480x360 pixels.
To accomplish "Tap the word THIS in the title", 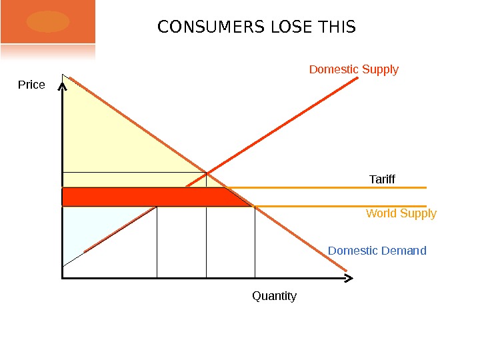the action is click(x=337, y=28).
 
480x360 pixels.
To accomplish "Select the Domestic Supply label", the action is click(x=354, y=69).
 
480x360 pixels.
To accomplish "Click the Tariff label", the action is click(x=382, y=180).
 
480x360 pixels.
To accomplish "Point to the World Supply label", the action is click(x=401, y=213).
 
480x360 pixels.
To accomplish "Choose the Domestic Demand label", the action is click(x=377, y=251).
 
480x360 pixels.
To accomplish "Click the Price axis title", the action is click(x=31, y=85).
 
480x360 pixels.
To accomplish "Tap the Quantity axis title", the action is click(x=274, y=296).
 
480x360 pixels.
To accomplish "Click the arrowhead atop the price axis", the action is click(x=62, y=87).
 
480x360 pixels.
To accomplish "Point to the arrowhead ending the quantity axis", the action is click(x=347, y=277).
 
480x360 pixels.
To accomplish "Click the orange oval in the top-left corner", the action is click(x=48, y=21).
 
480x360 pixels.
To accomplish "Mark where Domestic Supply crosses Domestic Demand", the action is click(x=206, y=173).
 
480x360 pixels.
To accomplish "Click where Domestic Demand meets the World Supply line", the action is click(x=255, y=207).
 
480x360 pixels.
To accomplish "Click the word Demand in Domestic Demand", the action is click(x=404, y=251).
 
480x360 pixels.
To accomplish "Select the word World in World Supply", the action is click(x=380, y=213).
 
